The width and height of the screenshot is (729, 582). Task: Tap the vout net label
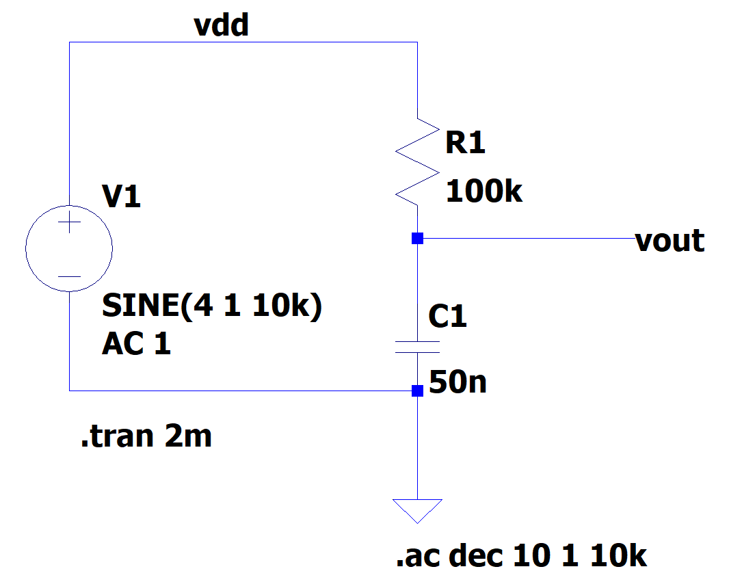670,240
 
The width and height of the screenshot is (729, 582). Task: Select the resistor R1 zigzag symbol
417,163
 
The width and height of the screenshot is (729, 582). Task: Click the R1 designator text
465,143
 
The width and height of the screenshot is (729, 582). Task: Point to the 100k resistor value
483,192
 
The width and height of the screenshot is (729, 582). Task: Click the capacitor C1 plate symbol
417,346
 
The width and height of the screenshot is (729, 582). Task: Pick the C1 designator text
447,317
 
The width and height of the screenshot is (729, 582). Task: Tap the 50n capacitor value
458,382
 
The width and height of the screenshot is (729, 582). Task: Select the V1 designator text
121,198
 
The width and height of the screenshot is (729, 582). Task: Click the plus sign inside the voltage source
69,223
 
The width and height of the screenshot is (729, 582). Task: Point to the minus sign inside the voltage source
69,276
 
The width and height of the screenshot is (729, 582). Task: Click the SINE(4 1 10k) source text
211,306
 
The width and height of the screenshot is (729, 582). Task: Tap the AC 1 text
136,344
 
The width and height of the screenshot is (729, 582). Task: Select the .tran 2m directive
146,436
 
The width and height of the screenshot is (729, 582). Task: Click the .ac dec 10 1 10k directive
521,556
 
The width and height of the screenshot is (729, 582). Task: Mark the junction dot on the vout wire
417,239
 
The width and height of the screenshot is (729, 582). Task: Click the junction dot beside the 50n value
417,391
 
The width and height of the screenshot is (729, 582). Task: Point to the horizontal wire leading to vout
527,239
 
